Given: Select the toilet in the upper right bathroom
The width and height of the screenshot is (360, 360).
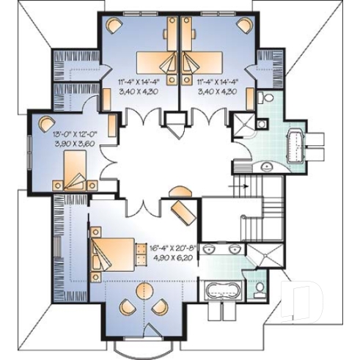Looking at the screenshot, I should pos(268,99).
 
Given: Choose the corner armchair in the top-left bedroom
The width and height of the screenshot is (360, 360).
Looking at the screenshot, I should pos(113,24).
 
